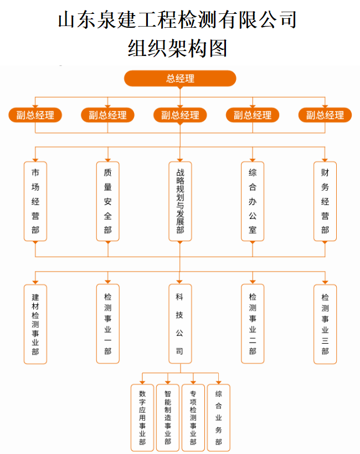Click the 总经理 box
tap(180, 79)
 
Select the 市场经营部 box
tap(35, 201)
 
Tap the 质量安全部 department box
tap(107, 201)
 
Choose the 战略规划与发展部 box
tap(180, 201)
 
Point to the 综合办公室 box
tap(253, 201)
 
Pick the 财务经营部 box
tap(325, 201)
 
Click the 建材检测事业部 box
tap(35, 324)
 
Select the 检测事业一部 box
tap(107, 324)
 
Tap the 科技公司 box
tap(180, 324)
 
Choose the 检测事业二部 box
tap(253, 324)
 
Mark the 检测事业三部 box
tap(325, 324)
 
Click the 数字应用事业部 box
tap(142, 417)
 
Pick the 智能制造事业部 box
tap(168, 417)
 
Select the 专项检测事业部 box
tap(193, 417)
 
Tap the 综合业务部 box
tap(219, 417)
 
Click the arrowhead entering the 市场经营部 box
tap(35, 158)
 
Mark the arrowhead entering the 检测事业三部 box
tap(325, 282)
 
